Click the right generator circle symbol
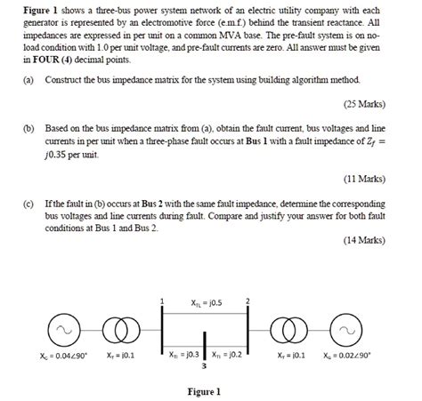pyautogui.click(x=342, y=328)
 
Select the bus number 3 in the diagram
pyautogui.click(x=206, y=365)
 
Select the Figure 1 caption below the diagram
pyautogui.click(x=204, y=391)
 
